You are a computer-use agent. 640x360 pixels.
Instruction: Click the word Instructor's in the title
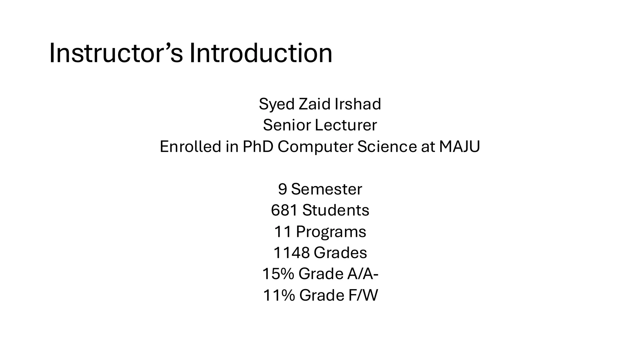116,53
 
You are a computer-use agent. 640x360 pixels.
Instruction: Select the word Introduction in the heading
261,53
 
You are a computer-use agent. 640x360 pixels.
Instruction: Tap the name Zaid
315,104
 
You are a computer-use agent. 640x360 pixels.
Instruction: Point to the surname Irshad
358,104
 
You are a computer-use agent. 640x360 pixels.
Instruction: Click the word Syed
277,105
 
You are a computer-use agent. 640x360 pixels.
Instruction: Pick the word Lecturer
346,125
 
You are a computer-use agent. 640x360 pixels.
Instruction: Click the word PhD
258,146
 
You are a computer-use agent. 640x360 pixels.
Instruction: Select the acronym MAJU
459,146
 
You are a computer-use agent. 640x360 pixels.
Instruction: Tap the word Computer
315,147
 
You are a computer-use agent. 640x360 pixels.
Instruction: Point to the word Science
387,146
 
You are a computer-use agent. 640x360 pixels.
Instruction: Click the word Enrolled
190,146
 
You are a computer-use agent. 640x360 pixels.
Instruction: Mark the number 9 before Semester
282,189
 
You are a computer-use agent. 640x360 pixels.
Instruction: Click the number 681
284,210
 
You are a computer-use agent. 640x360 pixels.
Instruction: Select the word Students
336,210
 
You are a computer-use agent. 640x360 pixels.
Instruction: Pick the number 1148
292,252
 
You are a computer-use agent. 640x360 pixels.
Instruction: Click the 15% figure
278,274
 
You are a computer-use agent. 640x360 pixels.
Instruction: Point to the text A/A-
363,274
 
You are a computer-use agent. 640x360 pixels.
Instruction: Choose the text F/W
363,295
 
